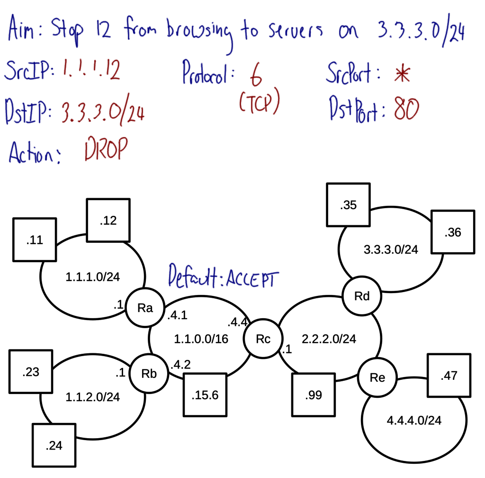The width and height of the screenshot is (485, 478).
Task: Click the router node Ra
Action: (x=144, y=308)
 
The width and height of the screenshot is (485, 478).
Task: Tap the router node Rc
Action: (x=263, y=339)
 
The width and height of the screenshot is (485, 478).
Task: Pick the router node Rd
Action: (x=362, y=296)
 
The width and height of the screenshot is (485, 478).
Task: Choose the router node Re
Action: (x=377, y=377)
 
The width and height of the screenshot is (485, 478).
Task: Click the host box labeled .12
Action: (x=108, y=221)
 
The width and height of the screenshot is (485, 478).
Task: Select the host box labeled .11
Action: (x=35, y=240)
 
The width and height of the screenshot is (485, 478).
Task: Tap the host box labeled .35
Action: (x=348, y=205)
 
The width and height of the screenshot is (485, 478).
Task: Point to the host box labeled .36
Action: (x=452, y=232)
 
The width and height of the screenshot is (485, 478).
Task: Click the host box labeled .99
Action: (x=314, y=395)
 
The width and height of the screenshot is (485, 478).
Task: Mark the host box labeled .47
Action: (x=449, y=376)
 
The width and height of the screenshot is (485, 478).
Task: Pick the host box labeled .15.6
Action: (x=205, y=395)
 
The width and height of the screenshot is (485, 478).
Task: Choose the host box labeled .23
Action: (x=31, y=372)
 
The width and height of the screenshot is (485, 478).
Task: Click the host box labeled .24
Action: (x=54, y=445)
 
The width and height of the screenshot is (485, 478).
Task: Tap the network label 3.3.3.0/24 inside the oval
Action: (x=391, y=249)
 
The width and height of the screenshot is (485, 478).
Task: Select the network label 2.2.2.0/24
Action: (x=329, y=339)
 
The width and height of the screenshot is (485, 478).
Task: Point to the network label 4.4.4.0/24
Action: (x=414, y=420)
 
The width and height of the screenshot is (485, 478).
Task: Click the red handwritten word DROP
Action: (x=106, y=151)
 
